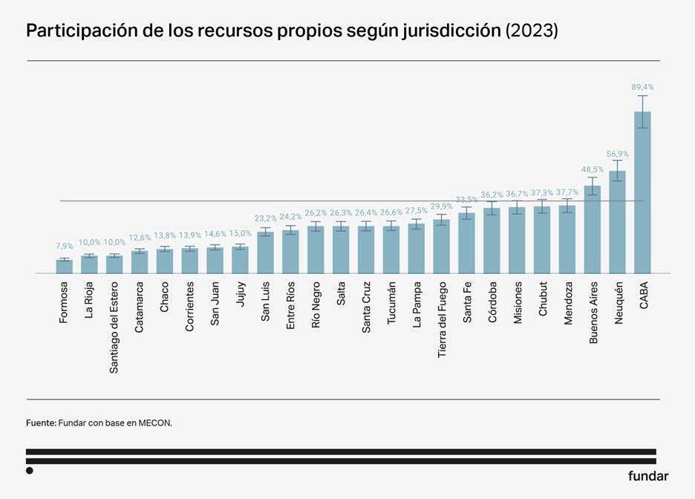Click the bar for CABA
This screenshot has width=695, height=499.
pos(642,193)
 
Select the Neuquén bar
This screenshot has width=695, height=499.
pos(617,223)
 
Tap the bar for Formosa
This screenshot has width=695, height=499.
pos(65,267)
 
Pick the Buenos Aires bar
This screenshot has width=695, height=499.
pos(592,230)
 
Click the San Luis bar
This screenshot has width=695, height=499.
pos(265,253)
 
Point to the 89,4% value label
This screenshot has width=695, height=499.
pos(642,87)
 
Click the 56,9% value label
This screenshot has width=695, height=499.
pos(617,154)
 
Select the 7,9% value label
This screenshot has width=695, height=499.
pos(65,246)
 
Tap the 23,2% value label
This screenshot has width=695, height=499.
pos(265,218)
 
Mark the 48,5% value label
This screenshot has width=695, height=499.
pos(592,169)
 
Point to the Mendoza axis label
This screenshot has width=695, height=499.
pos(568,301)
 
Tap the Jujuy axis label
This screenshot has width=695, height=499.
pos(240,294)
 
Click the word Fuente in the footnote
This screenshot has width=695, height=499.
pos(41,423)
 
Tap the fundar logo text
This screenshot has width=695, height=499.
pos(647,476)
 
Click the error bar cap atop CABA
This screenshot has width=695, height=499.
pos(642,96)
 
